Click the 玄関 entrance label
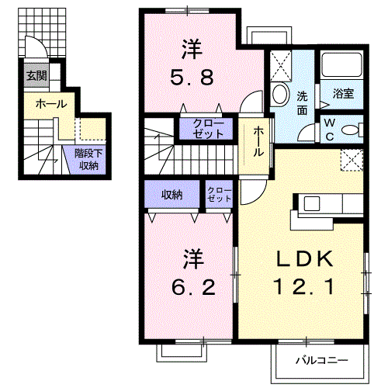tap(36, 76)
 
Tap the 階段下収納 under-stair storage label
tap(88, 160)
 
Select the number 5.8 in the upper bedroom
tap(192, 77)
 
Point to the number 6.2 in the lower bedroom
tap(193, 288)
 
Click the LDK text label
tap(304, 259)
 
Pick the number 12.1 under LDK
tap(304, 287)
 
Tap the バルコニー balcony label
tap(322, 360)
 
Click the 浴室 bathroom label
tap(343, 94)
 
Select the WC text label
tap(329, 130)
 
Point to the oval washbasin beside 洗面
tap(280, 93)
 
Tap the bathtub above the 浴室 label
tap(341, 64)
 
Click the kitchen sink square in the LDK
tap(312, 204)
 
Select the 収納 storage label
tap(172, 195)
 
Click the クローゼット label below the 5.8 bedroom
tap(208, 129)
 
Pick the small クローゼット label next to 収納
tap(220, 195)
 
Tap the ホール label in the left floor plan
tap(51, 104)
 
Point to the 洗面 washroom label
tap(302, 103)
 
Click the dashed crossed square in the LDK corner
tap(352, 160)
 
